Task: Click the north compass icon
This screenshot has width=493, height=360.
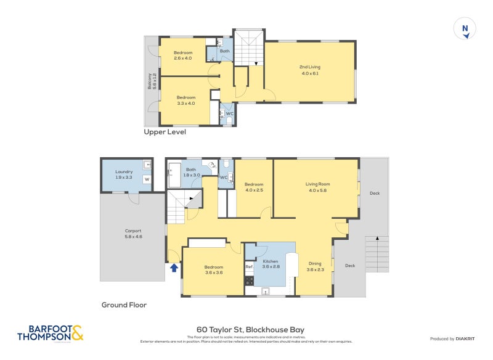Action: pos(466,29)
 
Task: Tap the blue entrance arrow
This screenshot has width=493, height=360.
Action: pos(174,268)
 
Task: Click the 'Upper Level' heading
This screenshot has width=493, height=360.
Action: pos(165,132)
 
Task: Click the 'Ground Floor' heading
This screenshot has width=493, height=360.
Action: pos(124,305)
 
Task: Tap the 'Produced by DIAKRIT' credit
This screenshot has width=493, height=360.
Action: pos(457,339)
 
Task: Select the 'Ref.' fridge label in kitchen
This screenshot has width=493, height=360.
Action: pos(249,267)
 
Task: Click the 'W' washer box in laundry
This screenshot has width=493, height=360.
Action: pos(147,179)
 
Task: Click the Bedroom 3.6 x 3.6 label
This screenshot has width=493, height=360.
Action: pos(214,270)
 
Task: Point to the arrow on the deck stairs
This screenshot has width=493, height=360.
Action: pos(378,237)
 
